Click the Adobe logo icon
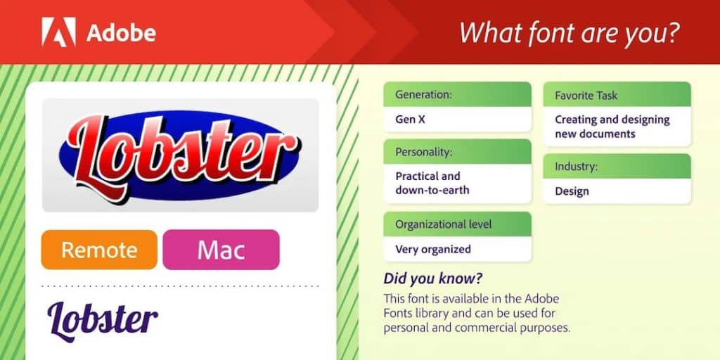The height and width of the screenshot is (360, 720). point(59,32)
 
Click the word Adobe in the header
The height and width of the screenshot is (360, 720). point(121,33)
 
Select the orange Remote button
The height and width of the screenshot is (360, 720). point(99,250)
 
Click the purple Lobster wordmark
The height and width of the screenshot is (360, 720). point(103,321)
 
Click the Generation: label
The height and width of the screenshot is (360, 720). point(424,95)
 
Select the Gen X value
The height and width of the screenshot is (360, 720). point(410,120)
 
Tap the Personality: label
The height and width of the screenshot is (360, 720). point(424,153)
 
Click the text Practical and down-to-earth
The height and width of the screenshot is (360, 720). point(432,183)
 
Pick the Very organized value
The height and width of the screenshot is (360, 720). point(433,250)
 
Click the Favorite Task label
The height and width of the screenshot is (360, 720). point(586,96)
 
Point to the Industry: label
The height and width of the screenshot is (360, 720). point(577,166)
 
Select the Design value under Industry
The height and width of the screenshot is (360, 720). point(572,191)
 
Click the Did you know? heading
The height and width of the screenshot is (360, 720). point(433,278)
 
